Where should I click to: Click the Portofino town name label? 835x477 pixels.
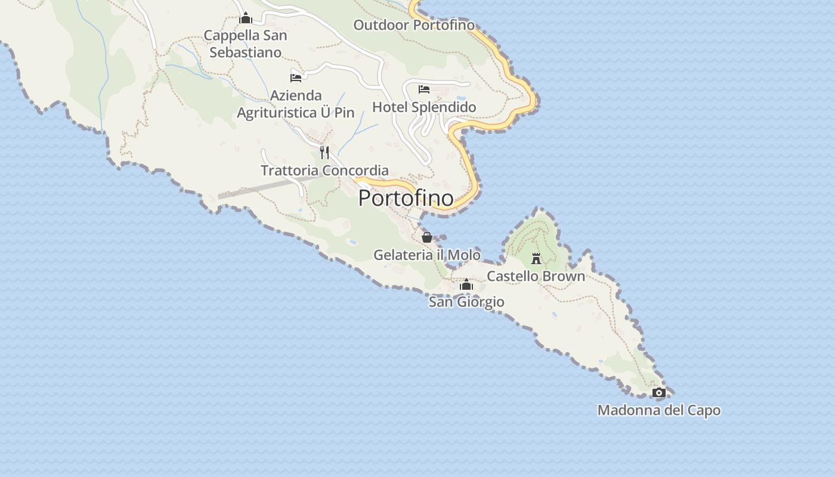[406, 198]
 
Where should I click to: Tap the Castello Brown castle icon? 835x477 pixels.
[536, 259]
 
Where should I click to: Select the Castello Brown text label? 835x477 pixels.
[536, 276]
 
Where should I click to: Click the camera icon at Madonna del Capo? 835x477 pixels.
[658, 392]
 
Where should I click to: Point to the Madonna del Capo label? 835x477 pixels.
[658, 410]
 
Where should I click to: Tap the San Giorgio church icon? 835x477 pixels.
[466, 285]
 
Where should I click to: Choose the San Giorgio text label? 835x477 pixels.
[466, 302]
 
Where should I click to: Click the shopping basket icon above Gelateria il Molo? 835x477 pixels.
[427, 237]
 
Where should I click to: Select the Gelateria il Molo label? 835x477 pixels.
[426, 255]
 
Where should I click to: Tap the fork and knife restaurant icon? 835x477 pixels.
[324, 152]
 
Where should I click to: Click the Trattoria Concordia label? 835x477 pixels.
[324, 170]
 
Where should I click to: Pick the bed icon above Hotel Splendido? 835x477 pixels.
[424, 89]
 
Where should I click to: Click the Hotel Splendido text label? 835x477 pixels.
[424, 107]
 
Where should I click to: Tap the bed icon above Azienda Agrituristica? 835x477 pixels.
[296, 78]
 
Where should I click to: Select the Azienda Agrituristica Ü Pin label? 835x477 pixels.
[296, 104]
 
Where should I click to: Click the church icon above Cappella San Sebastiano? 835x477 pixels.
[245, 18]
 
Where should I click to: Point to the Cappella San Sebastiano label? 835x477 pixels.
[245, 44]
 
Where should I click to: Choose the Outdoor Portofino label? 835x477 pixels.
[414, 25]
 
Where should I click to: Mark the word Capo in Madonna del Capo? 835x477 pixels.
[704, 410]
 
